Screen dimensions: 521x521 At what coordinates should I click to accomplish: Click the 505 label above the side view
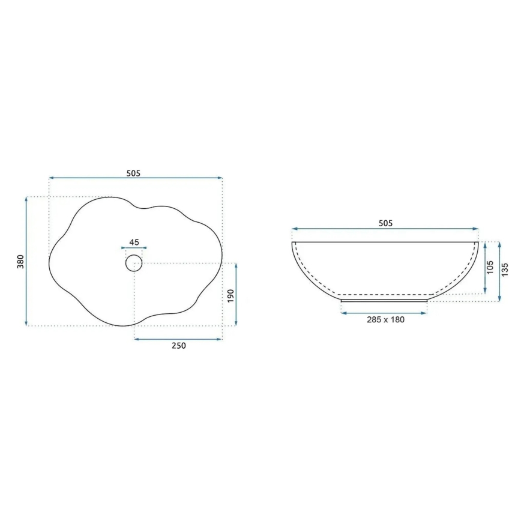point(385,223)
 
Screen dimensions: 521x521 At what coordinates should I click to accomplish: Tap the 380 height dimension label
point(20,261)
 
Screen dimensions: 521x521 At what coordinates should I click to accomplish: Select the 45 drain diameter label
point(134,242)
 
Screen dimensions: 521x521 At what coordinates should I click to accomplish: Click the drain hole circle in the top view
point(134,263)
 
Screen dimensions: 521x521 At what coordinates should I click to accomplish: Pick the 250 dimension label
point(179,346)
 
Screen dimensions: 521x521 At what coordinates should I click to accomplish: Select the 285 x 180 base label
point(385,319)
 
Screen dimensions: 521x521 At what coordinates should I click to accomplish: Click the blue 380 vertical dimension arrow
point(27,261)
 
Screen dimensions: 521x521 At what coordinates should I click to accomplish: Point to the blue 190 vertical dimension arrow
point(236,295)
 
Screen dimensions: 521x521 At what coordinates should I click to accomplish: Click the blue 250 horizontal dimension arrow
point(178,339)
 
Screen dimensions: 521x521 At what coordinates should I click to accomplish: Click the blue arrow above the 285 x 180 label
point(384,313)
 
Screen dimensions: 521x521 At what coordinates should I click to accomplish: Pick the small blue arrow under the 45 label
point(134,248)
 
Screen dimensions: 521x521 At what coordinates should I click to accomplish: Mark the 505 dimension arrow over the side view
point(385,229)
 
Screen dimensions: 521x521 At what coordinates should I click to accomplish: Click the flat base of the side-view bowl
point(384,301)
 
